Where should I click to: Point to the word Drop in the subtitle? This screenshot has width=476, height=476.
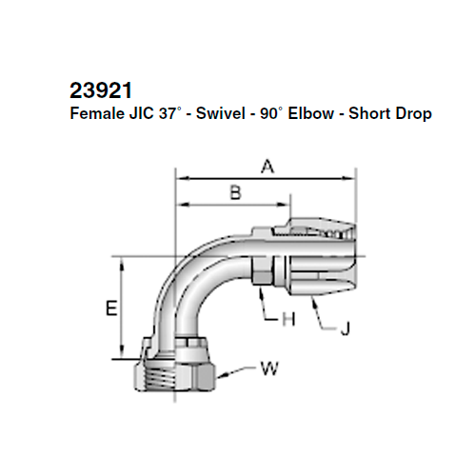pos(413,113)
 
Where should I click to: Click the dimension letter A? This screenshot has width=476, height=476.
pos(268,167)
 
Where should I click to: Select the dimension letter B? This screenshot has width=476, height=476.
pos(235,193)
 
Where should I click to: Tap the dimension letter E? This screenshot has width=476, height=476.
pos(110,309)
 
